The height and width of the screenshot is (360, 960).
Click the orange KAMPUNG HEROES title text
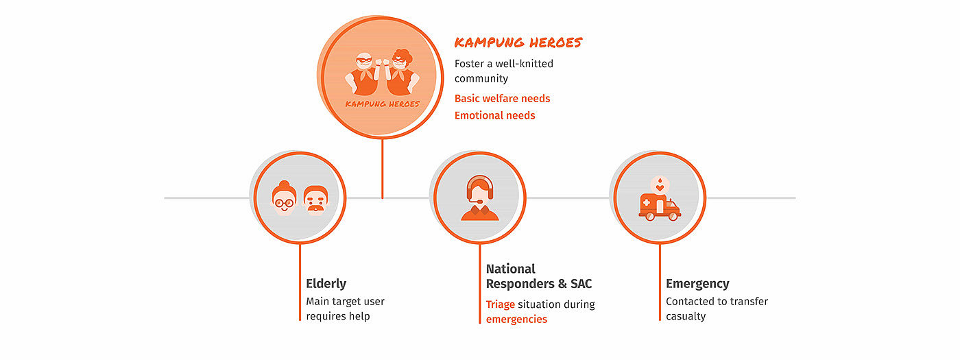(518, 43)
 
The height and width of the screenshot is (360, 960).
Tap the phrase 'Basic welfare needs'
(502, 99)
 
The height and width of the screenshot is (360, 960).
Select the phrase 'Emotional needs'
(494, 116)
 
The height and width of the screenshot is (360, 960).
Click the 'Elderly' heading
(326, 284)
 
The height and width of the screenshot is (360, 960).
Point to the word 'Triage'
(500, 304)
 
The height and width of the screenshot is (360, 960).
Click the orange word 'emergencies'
(516, 320)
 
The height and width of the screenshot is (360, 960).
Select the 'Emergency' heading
(697, 284)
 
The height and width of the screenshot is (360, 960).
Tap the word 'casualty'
(686, 317)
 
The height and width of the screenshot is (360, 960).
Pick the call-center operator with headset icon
(479, 199)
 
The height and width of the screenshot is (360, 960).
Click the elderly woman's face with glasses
(283, 198)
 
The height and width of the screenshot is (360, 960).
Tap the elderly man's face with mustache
(315, 200)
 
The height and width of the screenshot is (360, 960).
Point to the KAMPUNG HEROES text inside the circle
(382, 104)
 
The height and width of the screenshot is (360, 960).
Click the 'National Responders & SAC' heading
(538, 276)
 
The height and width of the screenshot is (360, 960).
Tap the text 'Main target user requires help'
(345, 309)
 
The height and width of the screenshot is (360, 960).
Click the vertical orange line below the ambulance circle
(660, 281)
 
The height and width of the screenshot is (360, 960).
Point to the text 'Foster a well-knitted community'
(503, 71)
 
